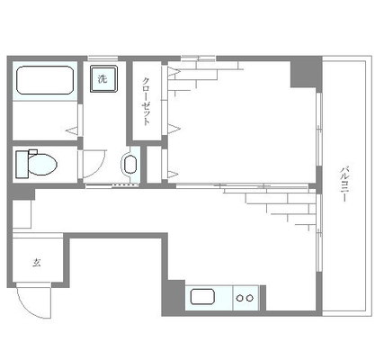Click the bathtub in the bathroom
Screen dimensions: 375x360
tap(45, 80)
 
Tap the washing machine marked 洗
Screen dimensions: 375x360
tap(103, 79)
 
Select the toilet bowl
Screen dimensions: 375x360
tap(42, 165)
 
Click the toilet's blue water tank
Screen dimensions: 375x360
tap(22, 165)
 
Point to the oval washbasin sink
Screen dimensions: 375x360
tap(130, 164)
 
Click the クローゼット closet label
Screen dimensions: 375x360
tap(146, 101)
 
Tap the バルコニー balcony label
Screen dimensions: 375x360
tap(344, 183)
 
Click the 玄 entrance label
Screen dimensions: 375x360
tap(37, 263)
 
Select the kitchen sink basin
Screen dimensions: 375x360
tap(202, 296)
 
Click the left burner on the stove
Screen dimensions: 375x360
tap(239, 298)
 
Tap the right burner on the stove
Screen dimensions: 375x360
tap(250, 298)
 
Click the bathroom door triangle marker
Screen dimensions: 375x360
tap(72, 130)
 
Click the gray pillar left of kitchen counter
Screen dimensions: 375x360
tap(174, 297)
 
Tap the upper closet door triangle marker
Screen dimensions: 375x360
tap(174, 71)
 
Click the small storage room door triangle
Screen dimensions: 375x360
tap(173, 174)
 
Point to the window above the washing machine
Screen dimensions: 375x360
tap(103, 58)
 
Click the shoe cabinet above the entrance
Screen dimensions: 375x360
tap(22, 214)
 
